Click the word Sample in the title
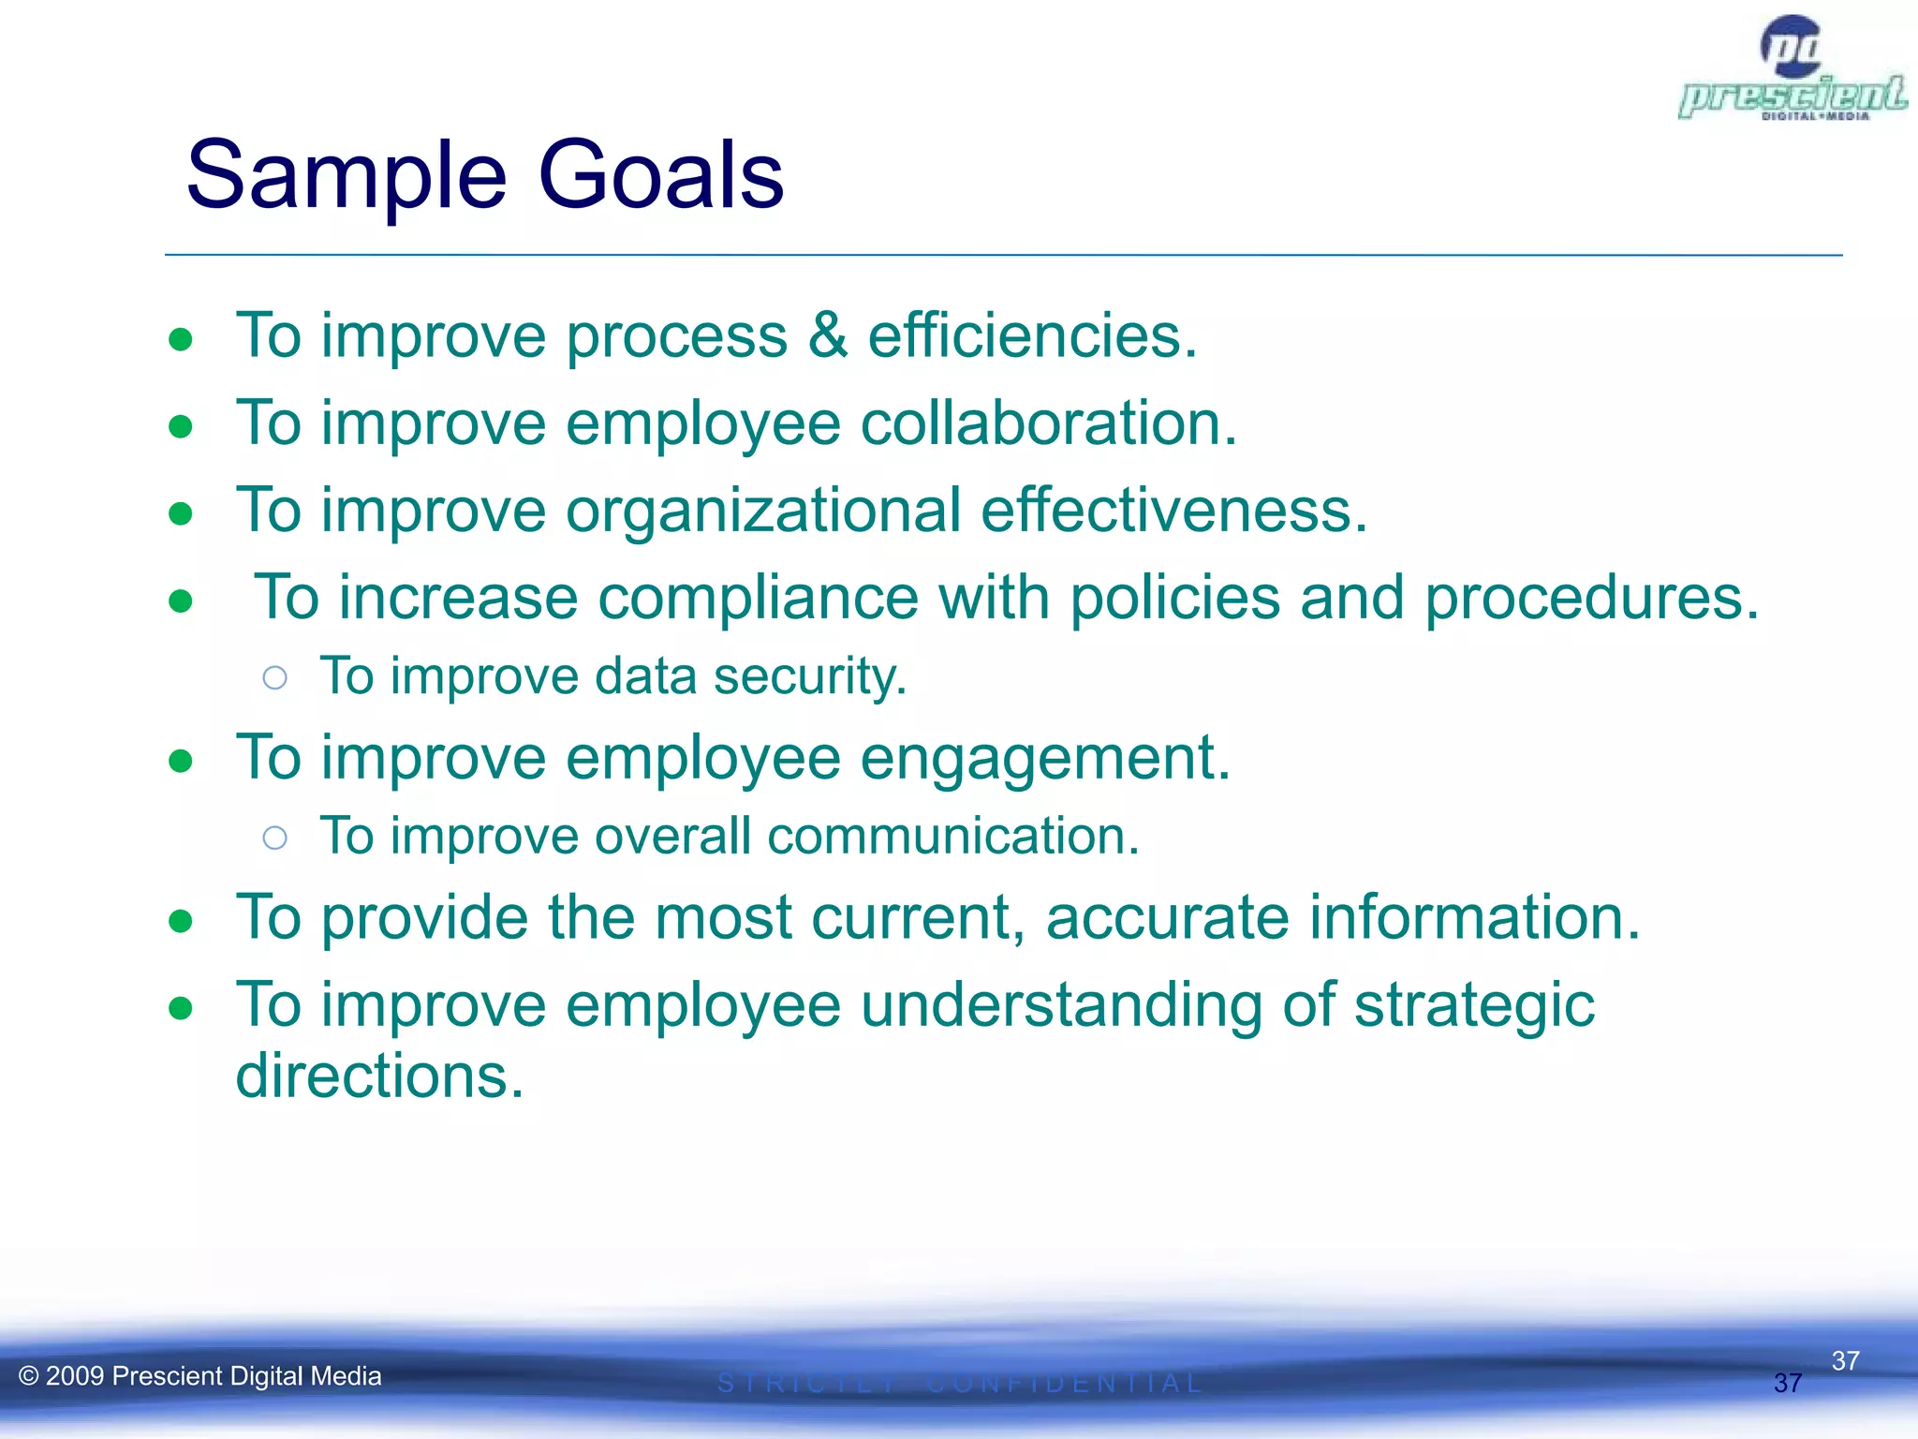point(347,175)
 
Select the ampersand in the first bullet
point(827,335)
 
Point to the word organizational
point(763,511)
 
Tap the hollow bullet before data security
point(274,677)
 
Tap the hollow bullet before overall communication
point(274,838)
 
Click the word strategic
point(1474,1004)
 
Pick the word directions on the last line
point(379,1076)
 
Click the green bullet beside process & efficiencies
point(181,339)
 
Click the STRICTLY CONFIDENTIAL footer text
point(959,1384)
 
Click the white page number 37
point(1845,1360)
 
